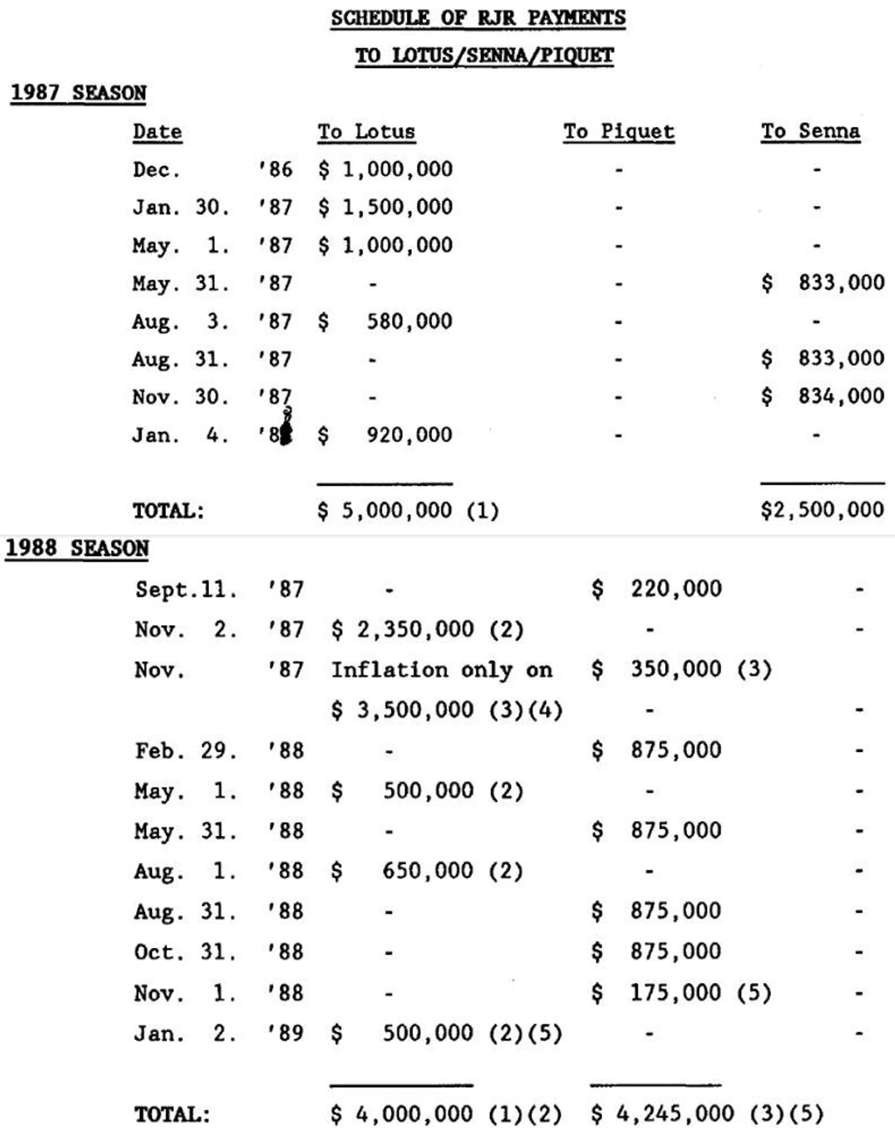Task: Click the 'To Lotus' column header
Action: [x=366, y=132]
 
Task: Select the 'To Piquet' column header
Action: [x=619, y=131]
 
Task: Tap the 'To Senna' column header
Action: [x=810, y=131]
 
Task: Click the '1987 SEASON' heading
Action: [x=78, y=93]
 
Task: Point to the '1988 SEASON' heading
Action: [x=77, y=548]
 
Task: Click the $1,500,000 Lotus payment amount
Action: [x=386, y=207]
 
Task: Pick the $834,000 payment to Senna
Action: [x=823, y=396]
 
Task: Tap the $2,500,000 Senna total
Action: [x=822, y=510]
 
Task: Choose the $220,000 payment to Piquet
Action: [x=657, y=589]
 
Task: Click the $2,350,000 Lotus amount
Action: [x=403, y=629]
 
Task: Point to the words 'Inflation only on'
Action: [x=441, y=670]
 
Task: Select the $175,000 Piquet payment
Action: [x=657, y=993]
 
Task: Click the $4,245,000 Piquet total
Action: [x=662, y=1113]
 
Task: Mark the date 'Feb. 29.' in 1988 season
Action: [x=186, y=751]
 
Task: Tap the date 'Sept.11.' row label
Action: [x=186, y=589]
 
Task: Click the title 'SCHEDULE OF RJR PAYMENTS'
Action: [x=478, y=18]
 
